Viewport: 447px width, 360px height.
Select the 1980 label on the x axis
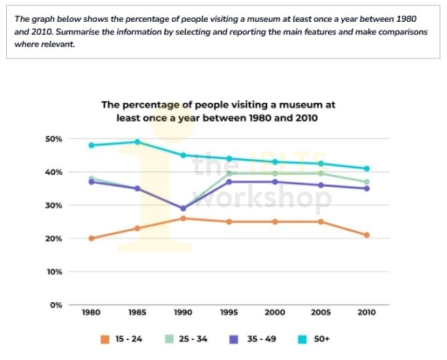(x=91, y=312)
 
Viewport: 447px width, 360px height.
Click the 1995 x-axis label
(x=229, y=312)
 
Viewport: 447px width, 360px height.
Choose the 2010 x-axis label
(x=367, y=312)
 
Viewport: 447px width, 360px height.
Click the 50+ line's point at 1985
(x=137, y=142)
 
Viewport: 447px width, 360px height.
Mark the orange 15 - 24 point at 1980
(x=91, y=238)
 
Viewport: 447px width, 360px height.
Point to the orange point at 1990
(x=183, y=218)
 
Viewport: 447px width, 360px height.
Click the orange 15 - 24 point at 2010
(x=367, y=235)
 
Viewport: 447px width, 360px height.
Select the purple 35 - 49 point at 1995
(x=229, y=182)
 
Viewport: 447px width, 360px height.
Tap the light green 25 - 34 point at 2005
(x=321, y=173)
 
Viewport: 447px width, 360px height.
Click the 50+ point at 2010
(x=367, y=168)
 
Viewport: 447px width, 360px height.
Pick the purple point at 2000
(x=275, y=182)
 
